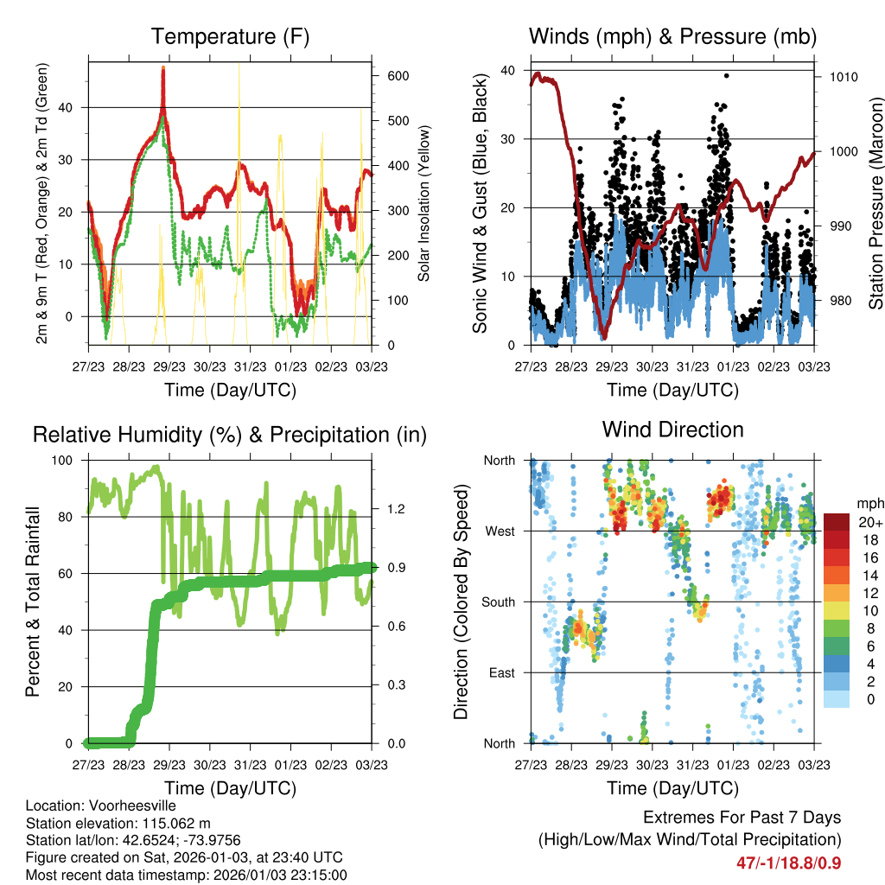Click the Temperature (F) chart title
(x=230, y=36)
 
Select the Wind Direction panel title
(x=672, y=430)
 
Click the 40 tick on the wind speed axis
(x=508, y=70)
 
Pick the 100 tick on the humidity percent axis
(x=64, y=461)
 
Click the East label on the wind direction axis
(x=499, y=672)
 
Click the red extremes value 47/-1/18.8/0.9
(x=788, y=863)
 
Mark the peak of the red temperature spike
(x=162, y=69)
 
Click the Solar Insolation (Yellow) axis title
(x=423, y=204)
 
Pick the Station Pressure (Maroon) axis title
(x=875, y=204)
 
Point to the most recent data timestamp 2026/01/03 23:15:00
(x=259, y=875)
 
